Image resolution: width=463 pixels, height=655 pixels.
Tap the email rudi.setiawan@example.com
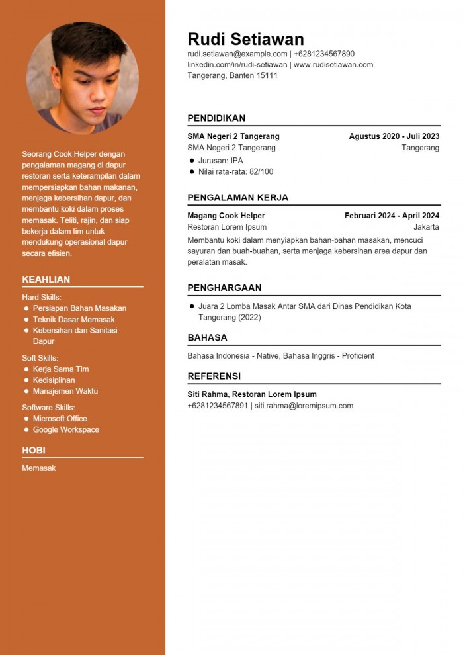237,54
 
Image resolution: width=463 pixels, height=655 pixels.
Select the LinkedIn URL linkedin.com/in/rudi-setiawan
237,65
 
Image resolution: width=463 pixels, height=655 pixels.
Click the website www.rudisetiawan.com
333,65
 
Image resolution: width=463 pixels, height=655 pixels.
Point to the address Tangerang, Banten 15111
232,75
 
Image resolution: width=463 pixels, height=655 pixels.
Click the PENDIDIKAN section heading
216,118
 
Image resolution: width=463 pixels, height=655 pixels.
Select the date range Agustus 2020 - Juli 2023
394,136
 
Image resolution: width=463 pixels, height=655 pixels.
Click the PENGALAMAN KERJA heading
237,198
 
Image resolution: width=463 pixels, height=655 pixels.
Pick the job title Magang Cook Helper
226,216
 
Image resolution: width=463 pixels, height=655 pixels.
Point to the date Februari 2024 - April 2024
392,216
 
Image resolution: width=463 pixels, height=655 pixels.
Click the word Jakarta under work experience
426,227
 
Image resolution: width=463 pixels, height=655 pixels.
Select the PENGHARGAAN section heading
224,288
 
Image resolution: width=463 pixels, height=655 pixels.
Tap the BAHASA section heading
207,337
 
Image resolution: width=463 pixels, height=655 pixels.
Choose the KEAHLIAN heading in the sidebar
46,279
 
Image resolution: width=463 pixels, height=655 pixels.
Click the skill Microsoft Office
60,419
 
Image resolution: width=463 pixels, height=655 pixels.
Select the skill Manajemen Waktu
65,391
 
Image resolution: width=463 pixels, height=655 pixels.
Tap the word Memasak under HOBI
38,468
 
